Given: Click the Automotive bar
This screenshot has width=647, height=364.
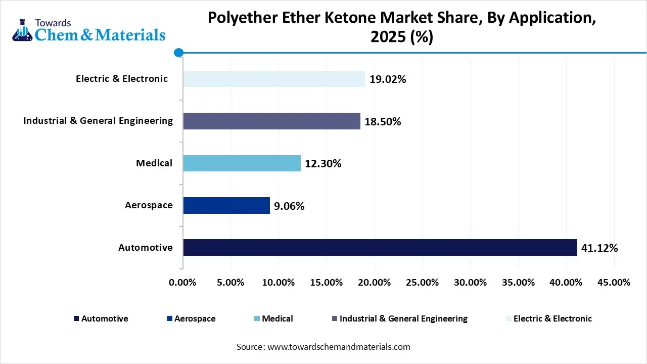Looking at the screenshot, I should tap(380, 247).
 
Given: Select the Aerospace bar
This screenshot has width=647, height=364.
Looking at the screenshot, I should tap(226, 205).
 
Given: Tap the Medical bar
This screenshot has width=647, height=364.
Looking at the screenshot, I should tap(242, 163).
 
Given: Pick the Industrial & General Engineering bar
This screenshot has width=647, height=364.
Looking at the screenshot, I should tap(271, 121).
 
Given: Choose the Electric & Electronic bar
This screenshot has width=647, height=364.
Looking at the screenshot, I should tap(273, 79).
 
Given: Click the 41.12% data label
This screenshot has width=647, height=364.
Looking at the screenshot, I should tap(599, 248).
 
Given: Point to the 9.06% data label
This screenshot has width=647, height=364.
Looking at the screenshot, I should tap(289, 206).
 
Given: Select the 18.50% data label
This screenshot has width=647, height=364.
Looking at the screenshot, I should tap(383, 122).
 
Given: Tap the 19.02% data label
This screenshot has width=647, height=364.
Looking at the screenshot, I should tap(388, 79).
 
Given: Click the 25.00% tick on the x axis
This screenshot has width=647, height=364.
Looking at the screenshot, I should tap(422, 283).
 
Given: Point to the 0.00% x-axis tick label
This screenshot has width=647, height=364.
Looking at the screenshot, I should tap(182, 283).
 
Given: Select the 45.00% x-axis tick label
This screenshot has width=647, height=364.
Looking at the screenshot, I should tap(614, 283).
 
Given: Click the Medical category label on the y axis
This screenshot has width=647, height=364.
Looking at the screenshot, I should tap(154, 163).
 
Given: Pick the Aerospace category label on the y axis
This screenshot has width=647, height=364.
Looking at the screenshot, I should tap(149, 205).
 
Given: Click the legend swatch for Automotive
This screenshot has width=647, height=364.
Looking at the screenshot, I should tap(76, 319).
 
